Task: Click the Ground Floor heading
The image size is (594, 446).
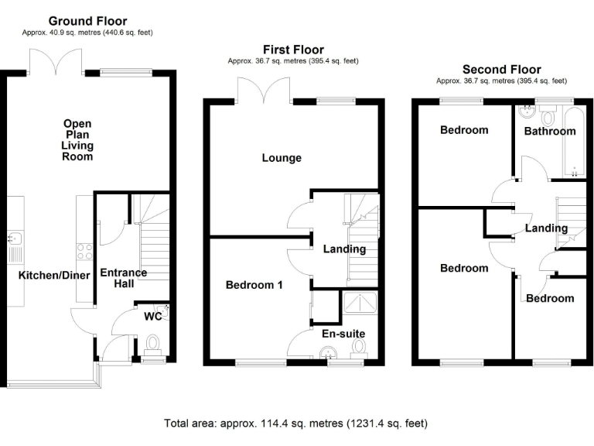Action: (87, 21)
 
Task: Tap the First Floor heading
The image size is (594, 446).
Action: (292, 50)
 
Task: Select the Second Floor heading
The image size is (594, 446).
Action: (501, 69)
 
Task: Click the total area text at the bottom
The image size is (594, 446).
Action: (295, 424)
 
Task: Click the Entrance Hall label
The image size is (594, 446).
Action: (124, 279)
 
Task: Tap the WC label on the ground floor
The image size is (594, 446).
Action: (153, 316)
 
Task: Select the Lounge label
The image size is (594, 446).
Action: (282, 158)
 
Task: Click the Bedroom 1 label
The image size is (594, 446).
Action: (254, 285)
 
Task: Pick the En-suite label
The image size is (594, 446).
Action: (343, 334)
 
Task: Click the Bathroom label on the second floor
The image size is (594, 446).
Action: (550, 131)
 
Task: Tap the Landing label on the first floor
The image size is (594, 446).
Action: (344, 249)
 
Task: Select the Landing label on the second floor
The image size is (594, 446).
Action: (546, 228)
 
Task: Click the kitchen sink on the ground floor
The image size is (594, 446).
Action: (13, 246)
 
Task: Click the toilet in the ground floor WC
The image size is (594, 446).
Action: (152, 342)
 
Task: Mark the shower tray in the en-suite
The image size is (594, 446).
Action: (360, 307)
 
